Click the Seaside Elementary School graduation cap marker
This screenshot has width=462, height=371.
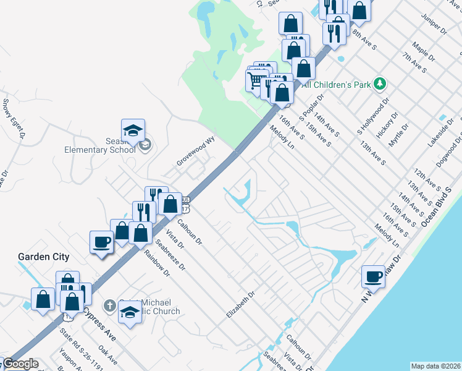pos(133,130)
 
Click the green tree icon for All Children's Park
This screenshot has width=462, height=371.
pos(381,83)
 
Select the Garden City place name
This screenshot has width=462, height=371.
pos(43,257)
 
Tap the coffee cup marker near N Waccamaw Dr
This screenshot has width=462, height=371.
pos(373,276)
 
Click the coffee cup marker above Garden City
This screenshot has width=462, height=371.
pos(101,242)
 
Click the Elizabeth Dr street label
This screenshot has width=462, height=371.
pos(240,305)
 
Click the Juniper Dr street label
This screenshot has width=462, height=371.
pos(434,22)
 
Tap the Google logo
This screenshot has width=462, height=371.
pos(20,364)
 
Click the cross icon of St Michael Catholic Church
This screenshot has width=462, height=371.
pos(109,305)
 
